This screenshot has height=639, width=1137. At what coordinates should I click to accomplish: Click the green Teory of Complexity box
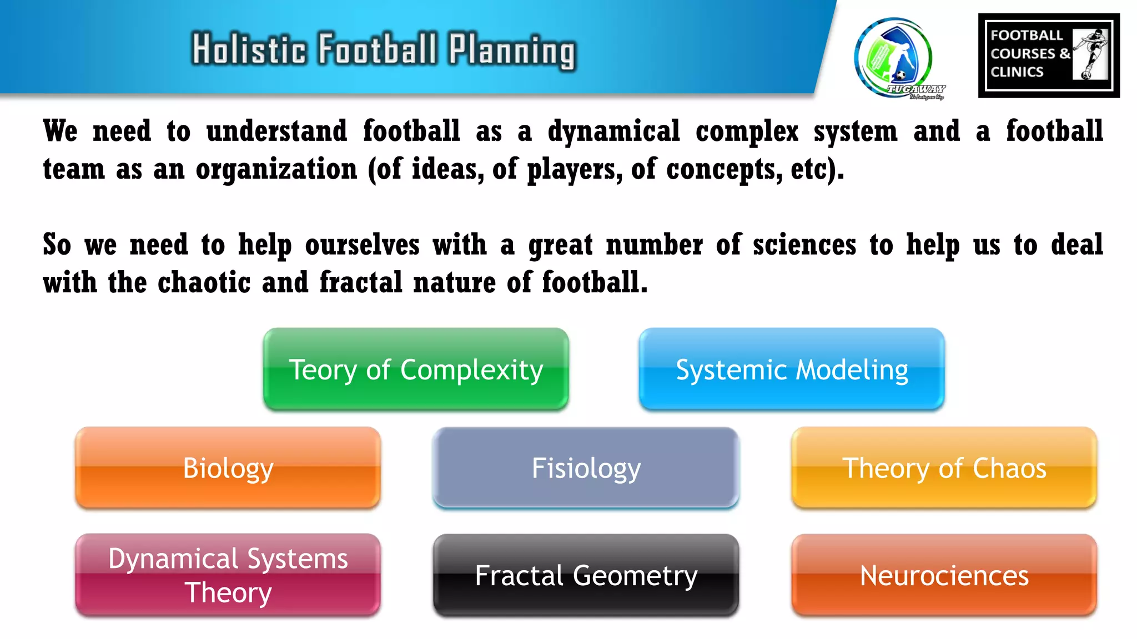pyautogui.click(x=416, y=369)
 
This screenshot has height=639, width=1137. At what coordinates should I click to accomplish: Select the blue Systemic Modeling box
pyautogui.click(x=791, y=369)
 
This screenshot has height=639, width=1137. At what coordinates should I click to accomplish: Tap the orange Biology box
pyautogui.click(x=228, y=468)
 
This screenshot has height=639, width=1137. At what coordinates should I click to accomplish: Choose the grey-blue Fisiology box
pyautogui.click(x=586, y=468)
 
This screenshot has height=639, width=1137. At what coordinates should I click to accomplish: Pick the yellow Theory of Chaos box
pyautogui.click(x=944, y=468)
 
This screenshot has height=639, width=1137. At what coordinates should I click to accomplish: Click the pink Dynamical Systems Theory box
pyautogui.click(x=228, y=575)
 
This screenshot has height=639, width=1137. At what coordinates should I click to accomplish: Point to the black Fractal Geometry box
pyautogui.click(x=586, y=575)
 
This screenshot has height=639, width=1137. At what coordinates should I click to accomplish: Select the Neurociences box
pyautogui.click(x=944, y=575)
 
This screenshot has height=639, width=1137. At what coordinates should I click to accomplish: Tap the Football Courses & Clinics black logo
pyautogui.click(x=1048, y=55)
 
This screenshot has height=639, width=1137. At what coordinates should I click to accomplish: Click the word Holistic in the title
pyautogui.click(x=249, y=49)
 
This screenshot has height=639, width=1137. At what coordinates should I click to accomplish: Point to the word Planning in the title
pyautogui.click(x=512, y=50)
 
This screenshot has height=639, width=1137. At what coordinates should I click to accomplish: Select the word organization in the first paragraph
pyautogui.click(x=276, y=170)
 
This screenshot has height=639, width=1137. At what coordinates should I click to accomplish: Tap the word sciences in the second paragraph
pyautogui.click(x=804, y=245)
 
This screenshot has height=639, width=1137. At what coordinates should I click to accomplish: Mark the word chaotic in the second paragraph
pyautogui.click(x=204, y=283)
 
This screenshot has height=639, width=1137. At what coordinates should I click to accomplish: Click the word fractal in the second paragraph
pyautogui.click(x=360, y=283)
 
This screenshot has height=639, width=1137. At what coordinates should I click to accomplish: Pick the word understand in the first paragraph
pyautogui.click(x=276, y=132)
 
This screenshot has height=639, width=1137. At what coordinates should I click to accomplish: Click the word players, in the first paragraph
pyautogui.click(x=575, y=170)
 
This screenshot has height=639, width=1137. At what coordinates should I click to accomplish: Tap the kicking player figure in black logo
pyautogui.click(x=1091, y=54)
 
